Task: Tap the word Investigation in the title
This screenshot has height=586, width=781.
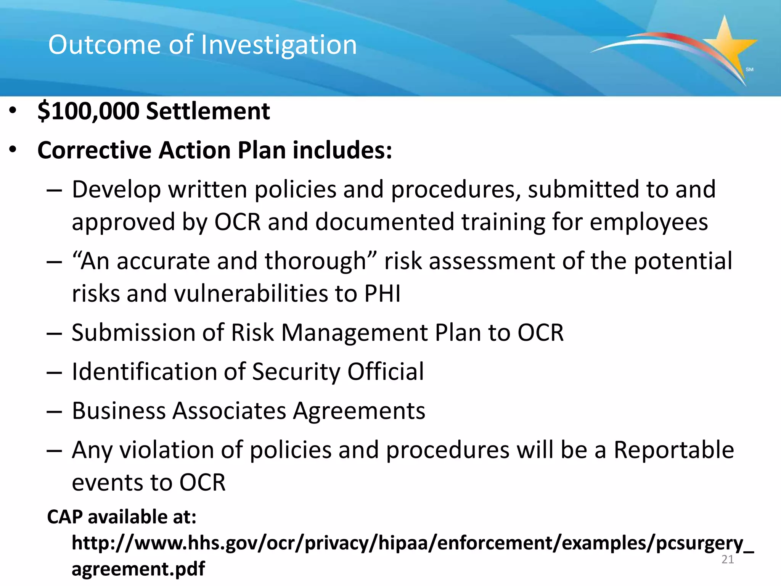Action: (279, 45)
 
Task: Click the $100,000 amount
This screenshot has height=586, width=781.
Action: (88, 111)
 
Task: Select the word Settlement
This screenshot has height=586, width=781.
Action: (208, 111)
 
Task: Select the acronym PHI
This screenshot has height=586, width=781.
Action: (382, 294)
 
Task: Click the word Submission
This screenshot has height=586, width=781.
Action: (133, 333)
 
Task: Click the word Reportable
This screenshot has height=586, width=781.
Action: (673, 450)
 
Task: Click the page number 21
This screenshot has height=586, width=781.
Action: (728, 560)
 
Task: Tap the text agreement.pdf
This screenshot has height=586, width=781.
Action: (138, 569)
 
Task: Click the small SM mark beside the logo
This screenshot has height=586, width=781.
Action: (749, 69)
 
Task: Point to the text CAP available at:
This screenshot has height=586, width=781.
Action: (122, 517)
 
